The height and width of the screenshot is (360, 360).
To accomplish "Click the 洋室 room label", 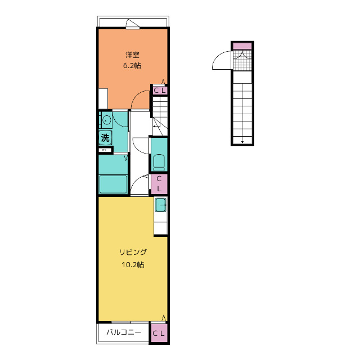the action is tap(133, 55).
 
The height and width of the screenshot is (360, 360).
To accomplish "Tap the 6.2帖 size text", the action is tap(132, 66).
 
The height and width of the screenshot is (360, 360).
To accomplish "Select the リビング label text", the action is tap(133, 252).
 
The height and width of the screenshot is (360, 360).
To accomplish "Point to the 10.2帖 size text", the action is tap(133, 265).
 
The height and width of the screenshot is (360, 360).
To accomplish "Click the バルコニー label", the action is tap(124, 332).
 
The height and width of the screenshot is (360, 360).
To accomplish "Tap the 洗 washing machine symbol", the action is tap(105, 138).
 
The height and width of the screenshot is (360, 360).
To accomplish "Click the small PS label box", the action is tap(105, 150).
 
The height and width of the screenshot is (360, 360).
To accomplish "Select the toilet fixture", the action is tap(159, 163).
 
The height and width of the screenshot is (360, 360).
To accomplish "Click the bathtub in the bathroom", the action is tap(113, 184).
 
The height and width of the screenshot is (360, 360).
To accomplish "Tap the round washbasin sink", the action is tap(106, 120).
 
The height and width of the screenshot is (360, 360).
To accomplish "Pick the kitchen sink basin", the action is tap(161, 205).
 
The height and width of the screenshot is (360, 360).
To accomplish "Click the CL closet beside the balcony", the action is tap(159, 333).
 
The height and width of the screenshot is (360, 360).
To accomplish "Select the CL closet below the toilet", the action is tap(159, 184).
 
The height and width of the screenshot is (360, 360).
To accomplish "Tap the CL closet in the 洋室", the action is tap(159, 90).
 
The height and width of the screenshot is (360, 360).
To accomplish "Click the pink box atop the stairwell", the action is tap(242, 46).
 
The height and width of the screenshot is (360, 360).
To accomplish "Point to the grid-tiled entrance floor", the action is tap(242, 60).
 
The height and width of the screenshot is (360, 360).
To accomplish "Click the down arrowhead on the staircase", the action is tap(242, 142).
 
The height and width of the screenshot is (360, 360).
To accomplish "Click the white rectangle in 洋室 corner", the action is tap(103, 99).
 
